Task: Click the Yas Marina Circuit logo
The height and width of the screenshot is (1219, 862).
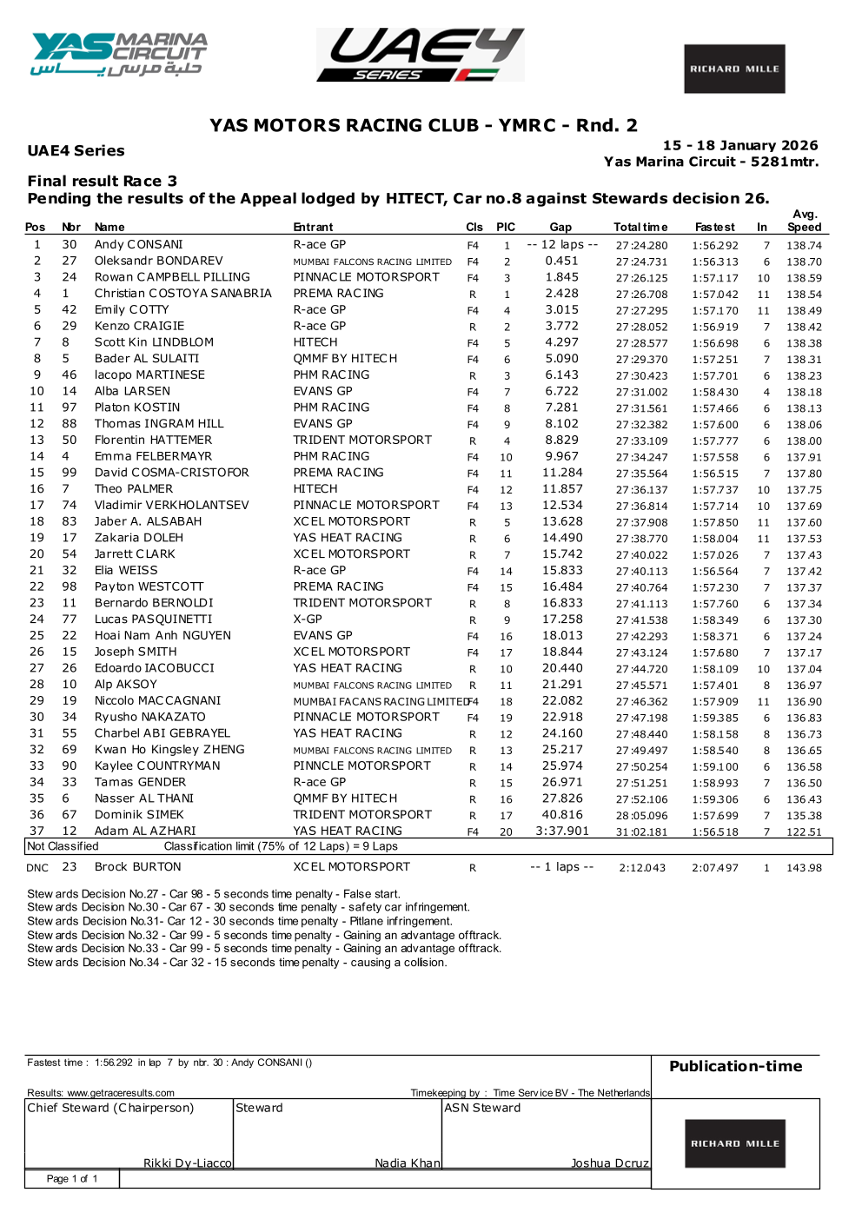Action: coord(119,55)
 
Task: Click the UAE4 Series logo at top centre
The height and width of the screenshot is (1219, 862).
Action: coord(420,55)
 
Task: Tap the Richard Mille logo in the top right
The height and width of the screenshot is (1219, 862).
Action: coord(734,69)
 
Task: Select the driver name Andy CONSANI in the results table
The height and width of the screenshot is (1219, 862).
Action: coord(138,245)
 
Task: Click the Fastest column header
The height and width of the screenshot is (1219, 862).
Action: coord(714,228)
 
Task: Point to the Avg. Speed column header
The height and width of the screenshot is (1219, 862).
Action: coord(804,221)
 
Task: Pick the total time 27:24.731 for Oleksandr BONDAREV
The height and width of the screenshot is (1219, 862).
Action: coord(641,262)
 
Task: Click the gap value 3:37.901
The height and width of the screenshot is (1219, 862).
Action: coord(561,831)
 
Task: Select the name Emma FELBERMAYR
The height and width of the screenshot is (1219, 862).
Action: coord(153,457)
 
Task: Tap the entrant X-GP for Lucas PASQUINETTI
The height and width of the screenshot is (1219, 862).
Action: coord(308,619)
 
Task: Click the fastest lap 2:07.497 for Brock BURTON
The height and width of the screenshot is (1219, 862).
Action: coord(714,868)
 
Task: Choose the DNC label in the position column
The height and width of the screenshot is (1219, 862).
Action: coord(37,868)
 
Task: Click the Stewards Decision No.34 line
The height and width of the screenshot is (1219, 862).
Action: coord(237,963)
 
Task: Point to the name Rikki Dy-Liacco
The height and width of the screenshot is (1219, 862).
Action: coord(188,1163)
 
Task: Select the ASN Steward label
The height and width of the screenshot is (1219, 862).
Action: coord(482,1108)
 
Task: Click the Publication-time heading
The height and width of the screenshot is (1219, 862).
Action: coord(735,1066)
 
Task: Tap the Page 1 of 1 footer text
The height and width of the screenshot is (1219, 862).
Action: coord(72,1179)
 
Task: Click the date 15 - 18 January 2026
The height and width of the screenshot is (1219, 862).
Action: coord(740,146)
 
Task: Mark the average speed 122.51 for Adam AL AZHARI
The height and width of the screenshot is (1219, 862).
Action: coord(804,832)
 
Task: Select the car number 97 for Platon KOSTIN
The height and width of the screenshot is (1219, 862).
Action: coord(70,407)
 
